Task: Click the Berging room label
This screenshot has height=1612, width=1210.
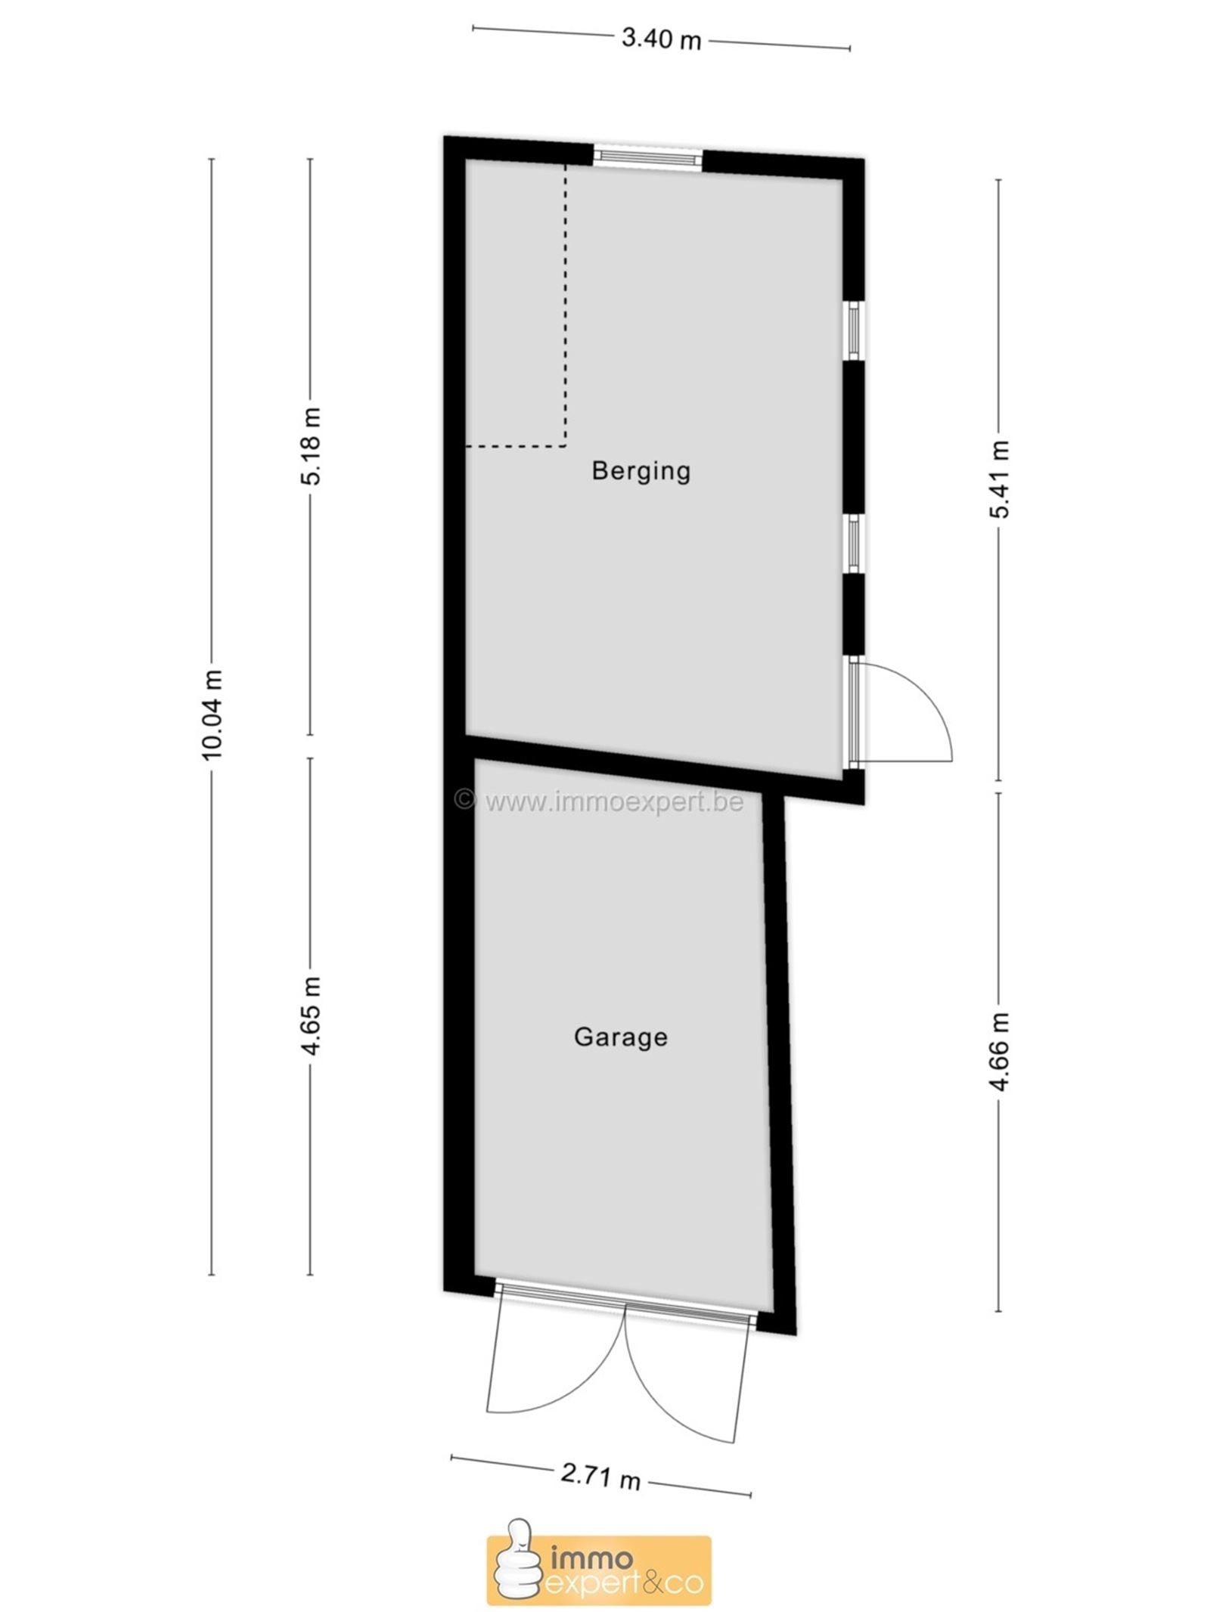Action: pyautogui.click(x=641, y=471)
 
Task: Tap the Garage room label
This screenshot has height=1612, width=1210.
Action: pyautogui.click(x=620, y=1036)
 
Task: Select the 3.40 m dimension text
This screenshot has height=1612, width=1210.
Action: pyautogui.click(x=661, y=39)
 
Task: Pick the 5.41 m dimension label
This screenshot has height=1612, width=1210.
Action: pyautogui.click(x=1000, y=479)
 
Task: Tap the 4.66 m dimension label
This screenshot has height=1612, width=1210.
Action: pyautogui.click(x=1000, y=1052)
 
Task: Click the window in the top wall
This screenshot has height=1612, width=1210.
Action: pyautogui.click(x=647, y=158)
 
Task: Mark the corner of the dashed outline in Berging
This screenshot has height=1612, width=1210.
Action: pyautogui.click(x=566, y=446)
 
